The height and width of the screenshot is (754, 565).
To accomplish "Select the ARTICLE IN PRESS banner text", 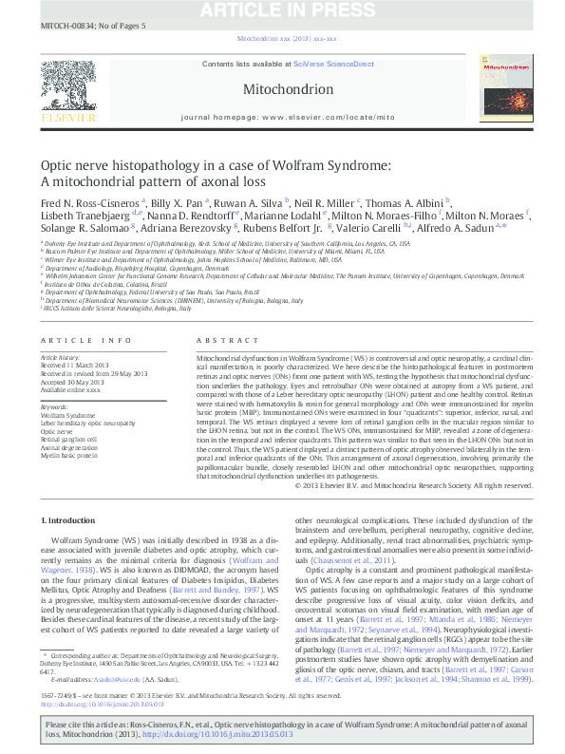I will click(x=287, y=9).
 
